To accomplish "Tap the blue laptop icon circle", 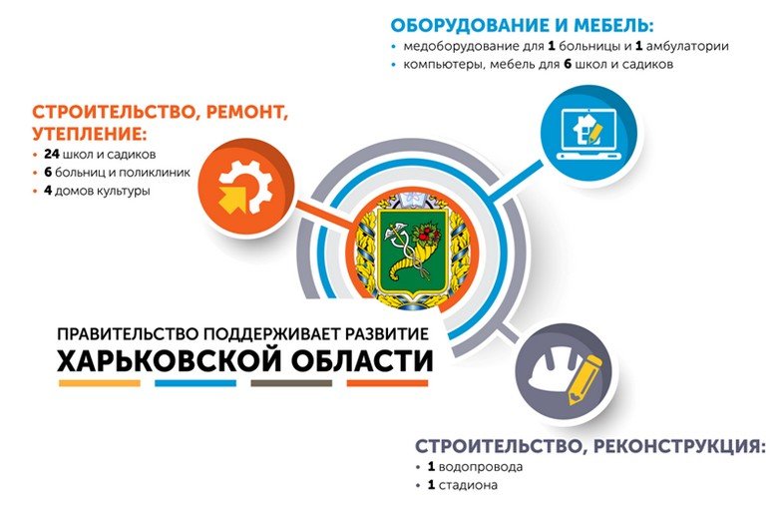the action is (588, 133).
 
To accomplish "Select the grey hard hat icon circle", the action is (564, 372).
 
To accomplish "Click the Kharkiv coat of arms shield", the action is (413, 250).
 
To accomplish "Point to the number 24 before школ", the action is (52, 154).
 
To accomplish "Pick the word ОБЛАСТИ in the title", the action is (362, 360).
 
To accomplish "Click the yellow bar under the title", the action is (100, 383).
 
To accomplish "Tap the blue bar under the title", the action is (195, 383).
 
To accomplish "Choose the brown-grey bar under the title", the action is (291, 383).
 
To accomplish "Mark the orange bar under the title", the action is (387, 383).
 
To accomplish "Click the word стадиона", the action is (469, 485).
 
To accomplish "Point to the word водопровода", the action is (481, 468).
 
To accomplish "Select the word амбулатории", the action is (687, 47).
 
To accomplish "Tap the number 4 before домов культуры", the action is (48, 191).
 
